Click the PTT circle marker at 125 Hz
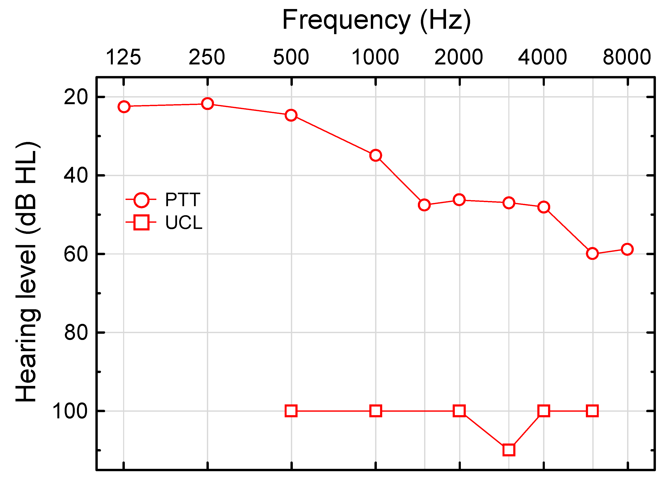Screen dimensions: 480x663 pyautogui.click(x=124, y=107)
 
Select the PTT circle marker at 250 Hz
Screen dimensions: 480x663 pyautogui.click(x=208, y=104)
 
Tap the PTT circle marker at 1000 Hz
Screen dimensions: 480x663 pyautogui.click(x=376, y=155)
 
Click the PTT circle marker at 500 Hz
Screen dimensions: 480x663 pyautogui.click(x=291, y=115)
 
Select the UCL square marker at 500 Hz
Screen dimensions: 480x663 pyautogui.click(x=291, y=411)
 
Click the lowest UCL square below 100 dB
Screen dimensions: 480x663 pyautogui.click(x=509, y=450)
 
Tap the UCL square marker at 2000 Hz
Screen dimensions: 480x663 pyautogui.click(x=459, y=411)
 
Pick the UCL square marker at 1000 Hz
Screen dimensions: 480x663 pyautogui.click(x=376, y=411)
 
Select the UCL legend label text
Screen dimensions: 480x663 pyautogui.click(x=184, y=223)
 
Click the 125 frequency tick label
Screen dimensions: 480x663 pyautogui.click(x=123, y=57)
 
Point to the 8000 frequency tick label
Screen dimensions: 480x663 pyautogui.click(x=627, y=57)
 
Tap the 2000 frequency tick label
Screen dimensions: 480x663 pyautogui.click(x=458, y=57)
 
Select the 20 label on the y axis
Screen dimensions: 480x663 pyautogui.click(x=76, y=97)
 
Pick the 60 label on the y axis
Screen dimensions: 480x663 pyautogui.click(x=76, y=254)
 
